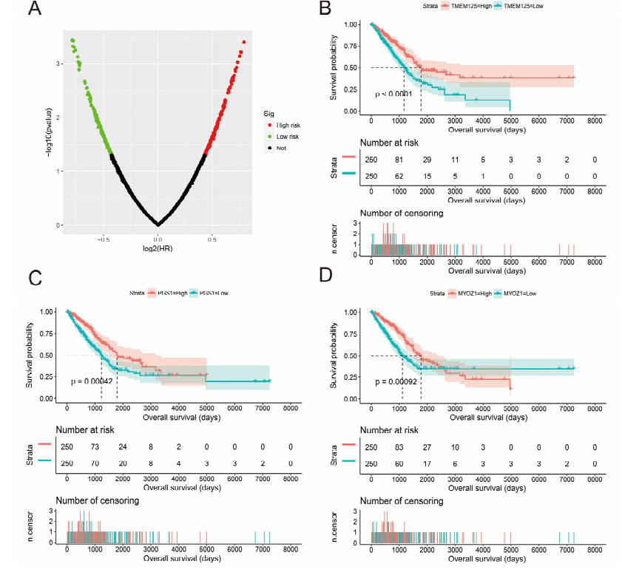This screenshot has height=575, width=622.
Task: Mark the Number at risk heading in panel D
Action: pos(396,429)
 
